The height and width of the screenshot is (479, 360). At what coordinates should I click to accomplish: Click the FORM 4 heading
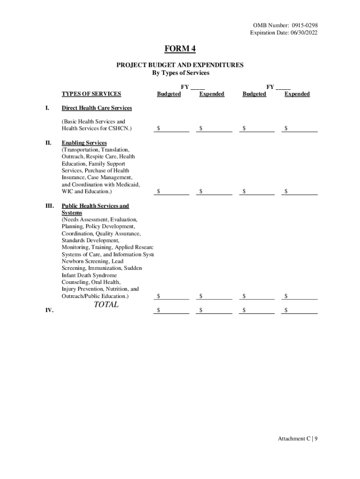coord(180,49)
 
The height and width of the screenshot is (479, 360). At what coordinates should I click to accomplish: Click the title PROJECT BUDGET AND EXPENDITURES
coord(180,65)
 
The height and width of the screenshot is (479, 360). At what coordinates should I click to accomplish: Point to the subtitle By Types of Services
coord(180,73)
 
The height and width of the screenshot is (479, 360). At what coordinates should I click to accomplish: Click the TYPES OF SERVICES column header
coord(91,94)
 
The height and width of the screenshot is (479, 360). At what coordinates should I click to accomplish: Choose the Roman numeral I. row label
coord(47,108)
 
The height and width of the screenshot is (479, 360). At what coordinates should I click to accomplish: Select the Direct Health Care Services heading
coord(97,108)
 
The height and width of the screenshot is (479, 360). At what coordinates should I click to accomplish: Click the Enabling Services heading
coord(84,143)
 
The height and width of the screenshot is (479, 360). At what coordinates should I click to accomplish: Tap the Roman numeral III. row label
coord(49,206)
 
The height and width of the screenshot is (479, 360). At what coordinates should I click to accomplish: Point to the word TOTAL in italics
coord(106,305)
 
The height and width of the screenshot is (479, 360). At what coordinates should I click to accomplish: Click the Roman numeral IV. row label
coord(49,310)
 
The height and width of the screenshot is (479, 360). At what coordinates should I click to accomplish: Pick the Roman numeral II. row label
coord(48,143)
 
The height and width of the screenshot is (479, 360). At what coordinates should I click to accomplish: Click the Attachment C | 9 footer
coord(298,438)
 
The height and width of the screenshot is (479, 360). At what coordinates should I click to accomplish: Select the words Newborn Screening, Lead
coord(93,261)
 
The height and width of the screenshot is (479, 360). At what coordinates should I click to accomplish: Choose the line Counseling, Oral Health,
coord(91,283)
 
